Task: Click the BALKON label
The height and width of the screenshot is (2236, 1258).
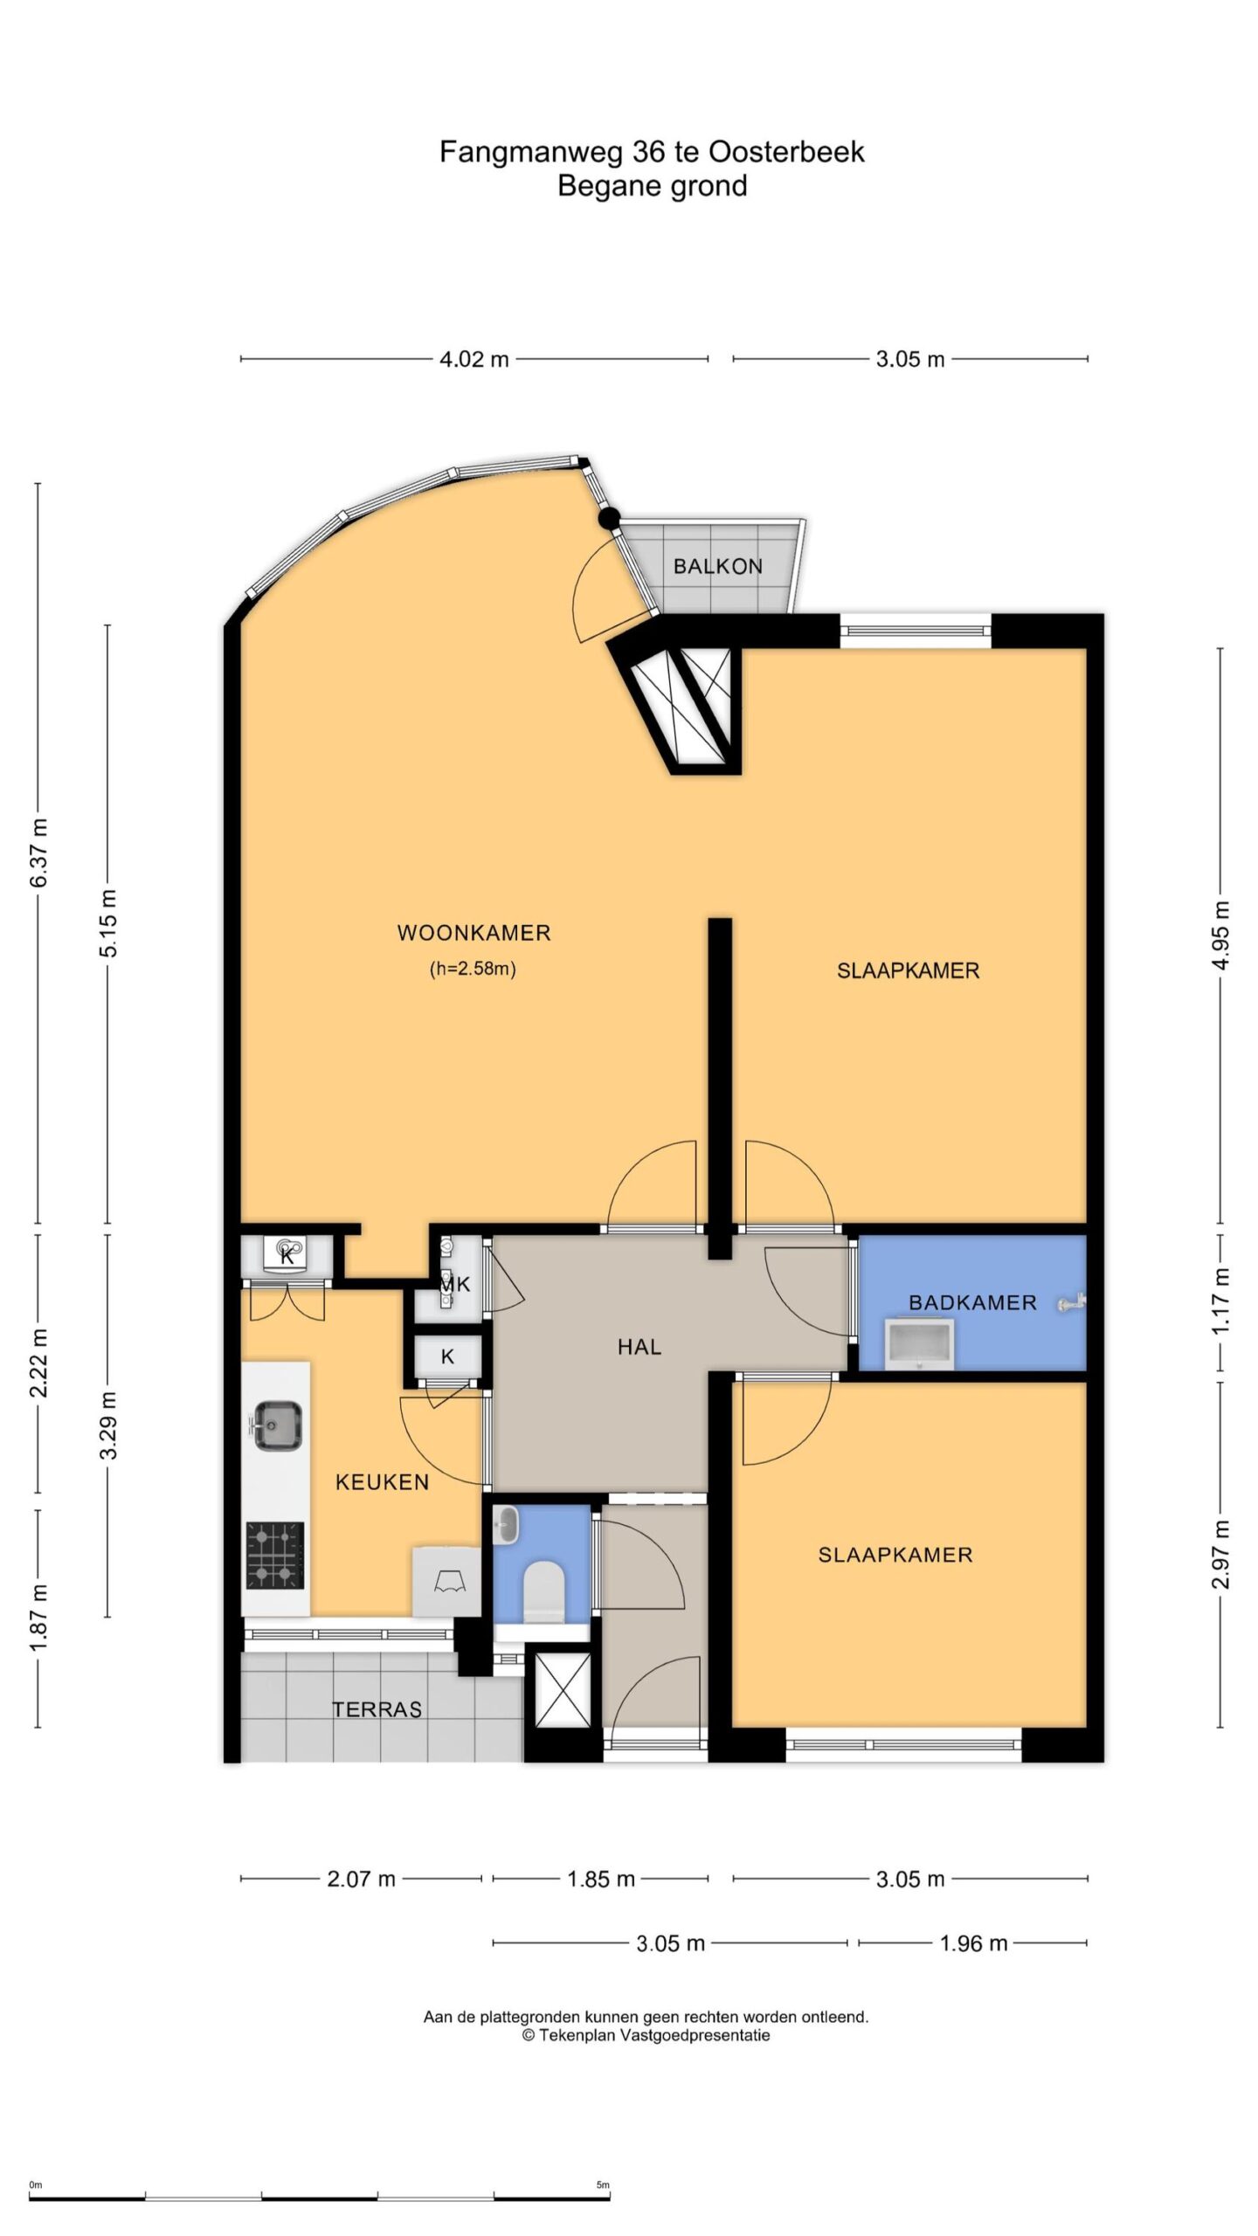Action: (717, 567)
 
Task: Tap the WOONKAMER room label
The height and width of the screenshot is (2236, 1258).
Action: (473, 933)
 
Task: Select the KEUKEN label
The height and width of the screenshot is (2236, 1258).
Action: (382, 1482)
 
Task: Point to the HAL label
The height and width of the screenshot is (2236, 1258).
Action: (639, 1347)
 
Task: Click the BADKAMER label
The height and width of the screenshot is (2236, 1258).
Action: (972, 1302)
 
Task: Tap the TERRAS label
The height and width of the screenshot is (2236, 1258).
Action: (377, 1709)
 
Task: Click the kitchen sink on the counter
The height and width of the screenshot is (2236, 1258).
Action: (278, 1425)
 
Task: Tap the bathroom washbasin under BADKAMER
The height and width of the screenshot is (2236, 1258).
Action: (918, 1344)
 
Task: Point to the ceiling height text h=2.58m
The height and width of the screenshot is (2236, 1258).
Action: (473, 969)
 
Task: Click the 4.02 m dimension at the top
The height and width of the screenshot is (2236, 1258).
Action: (473, 359)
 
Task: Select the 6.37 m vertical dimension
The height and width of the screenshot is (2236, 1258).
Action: (40, 852)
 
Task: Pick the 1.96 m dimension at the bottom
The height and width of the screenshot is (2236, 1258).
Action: (973, 1943)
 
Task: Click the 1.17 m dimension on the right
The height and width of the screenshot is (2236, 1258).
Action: (1221, 1301)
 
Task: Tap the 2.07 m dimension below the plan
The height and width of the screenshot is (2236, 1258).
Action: (361, 1879)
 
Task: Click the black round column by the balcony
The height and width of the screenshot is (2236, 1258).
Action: (609, 519)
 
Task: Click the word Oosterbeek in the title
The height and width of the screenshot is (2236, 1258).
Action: (786, 152)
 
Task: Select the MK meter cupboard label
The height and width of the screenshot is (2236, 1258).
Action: (455, 1284)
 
